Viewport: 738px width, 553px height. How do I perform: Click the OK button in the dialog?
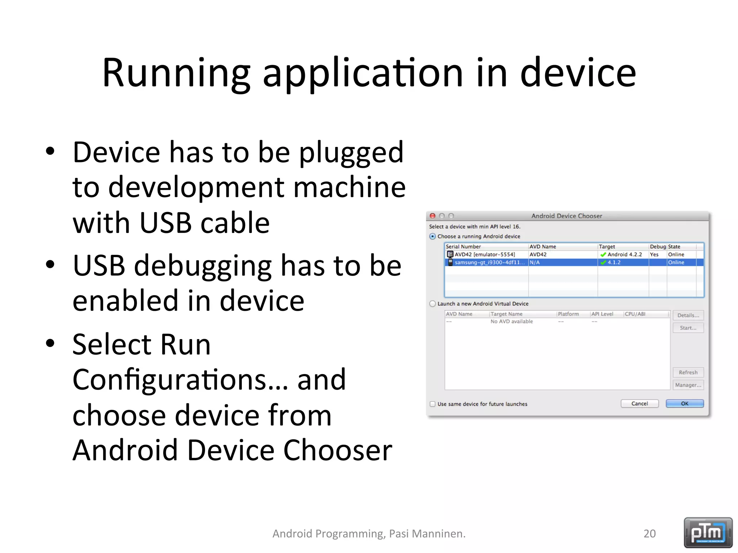(x=684, y=404)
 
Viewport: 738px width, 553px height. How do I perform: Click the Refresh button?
(x=688, y=372)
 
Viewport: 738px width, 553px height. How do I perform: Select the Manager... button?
(x=688, y=385)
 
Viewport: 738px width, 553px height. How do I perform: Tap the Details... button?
(x=688, y=315)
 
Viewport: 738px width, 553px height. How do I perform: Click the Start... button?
(x=688, y=328)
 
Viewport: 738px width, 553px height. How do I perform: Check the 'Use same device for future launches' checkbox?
(x=432, y=404)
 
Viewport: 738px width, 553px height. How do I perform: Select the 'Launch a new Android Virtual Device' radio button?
(x=432, y=304)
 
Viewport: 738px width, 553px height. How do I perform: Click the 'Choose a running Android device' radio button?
(x=432, y=237)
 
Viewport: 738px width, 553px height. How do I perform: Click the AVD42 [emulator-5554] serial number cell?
(x=485, y=255)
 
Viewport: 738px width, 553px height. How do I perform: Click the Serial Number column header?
(x=463, y=247)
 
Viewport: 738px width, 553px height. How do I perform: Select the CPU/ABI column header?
(x=635, y=314)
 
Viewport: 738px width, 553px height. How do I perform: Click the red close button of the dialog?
(x=433, y=216)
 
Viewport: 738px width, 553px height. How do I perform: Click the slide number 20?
(x=649, y=534)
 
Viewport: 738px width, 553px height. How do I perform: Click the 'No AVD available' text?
(x=511, y=322)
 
